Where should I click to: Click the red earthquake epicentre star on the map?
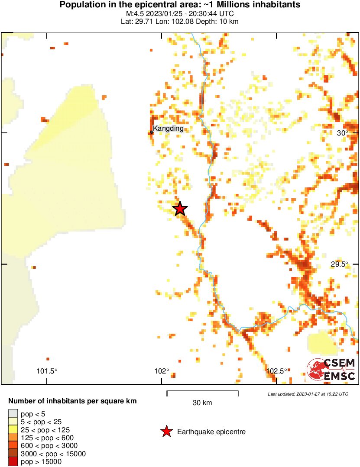coord(180,209)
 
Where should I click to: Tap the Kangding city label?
coord(168,129)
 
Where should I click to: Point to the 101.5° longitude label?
coord(47,371)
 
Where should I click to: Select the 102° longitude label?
coord(162,371)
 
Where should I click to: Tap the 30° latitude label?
coord(343,133)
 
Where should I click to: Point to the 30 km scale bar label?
coord(202,403)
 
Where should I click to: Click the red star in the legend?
coord(166,432)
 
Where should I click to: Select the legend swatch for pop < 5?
coord(13,414)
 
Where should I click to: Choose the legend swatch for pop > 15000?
coord(13,462)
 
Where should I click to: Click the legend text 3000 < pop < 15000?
coord(53,454)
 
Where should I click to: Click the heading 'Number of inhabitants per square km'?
coord(72,401)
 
